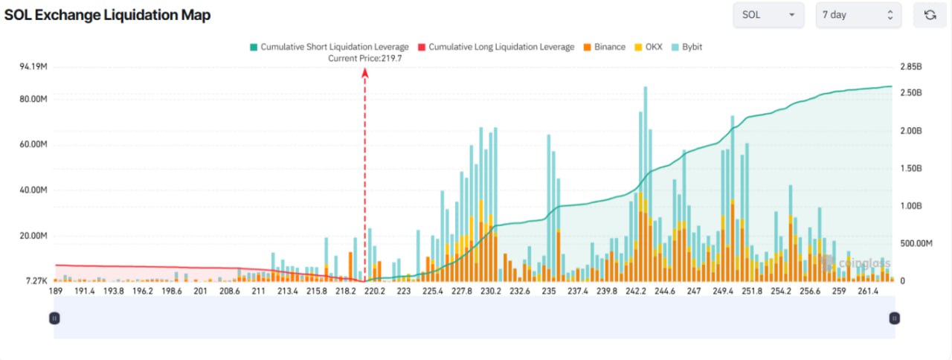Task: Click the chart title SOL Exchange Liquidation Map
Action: (108, 15)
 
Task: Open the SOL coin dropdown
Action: (768, 15)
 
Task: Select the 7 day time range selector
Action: (858, 15)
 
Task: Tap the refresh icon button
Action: (930, 15)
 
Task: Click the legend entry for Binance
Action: (605, 47)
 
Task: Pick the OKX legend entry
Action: (649, 47)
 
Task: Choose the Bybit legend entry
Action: (686, 47)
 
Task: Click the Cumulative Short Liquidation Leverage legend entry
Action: (329, 47)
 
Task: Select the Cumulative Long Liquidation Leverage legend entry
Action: (496, 47)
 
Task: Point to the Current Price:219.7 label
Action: (364, 59)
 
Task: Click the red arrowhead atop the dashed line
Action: (364, 73)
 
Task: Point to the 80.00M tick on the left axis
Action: (33, 99)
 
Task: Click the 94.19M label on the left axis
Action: (33, 67)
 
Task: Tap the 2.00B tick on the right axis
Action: (911, 131)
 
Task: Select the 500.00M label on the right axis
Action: (916, 243)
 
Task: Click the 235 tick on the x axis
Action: (549, 291)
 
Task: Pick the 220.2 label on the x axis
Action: (374, 291)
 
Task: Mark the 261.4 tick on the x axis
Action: (868, 291)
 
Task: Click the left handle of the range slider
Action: (54, 318)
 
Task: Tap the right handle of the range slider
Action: (894, 318)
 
